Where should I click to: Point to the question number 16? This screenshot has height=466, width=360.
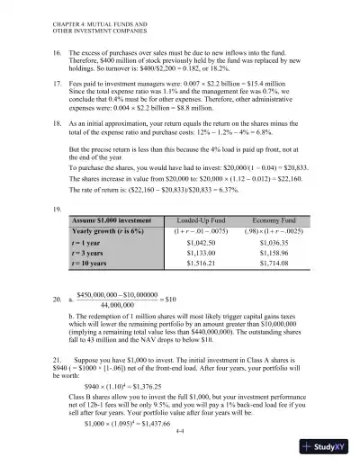coord(56,54)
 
